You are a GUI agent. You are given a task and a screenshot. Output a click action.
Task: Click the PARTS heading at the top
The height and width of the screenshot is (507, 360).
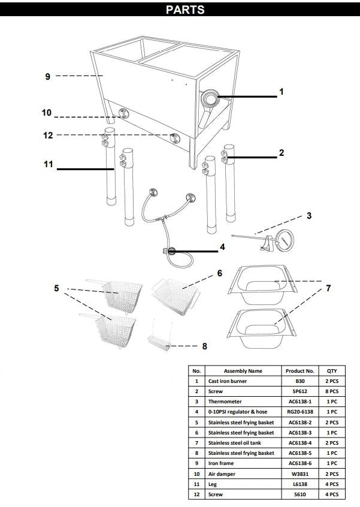[185, 10]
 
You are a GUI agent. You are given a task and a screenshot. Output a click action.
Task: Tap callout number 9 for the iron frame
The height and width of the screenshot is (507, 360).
[48, 77]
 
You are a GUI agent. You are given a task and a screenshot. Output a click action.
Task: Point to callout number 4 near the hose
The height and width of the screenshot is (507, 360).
[222, 246]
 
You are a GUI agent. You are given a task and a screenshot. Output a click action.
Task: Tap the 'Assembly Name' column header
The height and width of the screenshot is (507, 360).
[243, 371]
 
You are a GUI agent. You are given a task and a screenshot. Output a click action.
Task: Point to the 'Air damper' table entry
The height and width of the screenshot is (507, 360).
[222, 473]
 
